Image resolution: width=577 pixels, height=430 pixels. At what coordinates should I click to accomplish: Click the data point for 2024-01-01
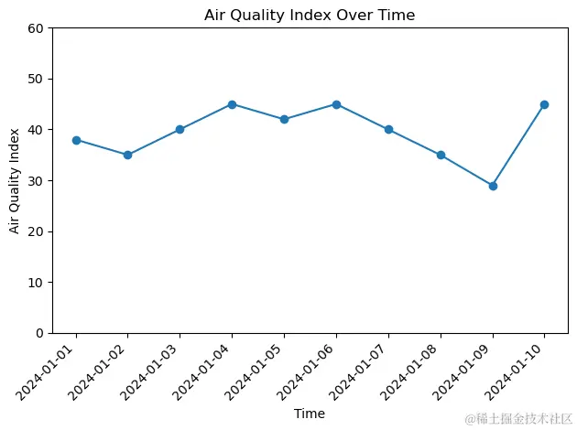76,140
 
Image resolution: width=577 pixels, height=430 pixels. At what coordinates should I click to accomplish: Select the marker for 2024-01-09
493,186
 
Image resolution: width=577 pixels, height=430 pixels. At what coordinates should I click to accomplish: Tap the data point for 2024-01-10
544,104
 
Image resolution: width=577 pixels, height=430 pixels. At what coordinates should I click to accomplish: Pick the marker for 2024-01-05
284,120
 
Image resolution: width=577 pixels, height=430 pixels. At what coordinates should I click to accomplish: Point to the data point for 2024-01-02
127,156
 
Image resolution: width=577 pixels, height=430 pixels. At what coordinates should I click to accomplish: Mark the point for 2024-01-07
388,130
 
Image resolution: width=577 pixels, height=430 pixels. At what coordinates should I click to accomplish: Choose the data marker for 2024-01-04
232,104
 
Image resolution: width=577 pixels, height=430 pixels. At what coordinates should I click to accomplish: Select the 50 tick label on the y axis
37,80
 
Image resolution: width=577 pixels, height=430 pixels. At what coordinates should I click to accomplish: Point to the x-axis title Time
309,414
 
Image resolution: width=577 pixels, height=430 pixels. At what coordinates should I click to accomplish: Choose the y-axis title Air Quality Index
16,180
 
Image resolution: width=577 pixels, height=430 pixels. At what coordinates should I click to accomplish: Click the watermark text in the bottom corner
517,419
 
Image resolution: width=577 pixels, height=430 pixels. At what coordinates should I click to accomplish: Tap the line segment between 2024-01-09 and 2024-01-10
518,145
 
